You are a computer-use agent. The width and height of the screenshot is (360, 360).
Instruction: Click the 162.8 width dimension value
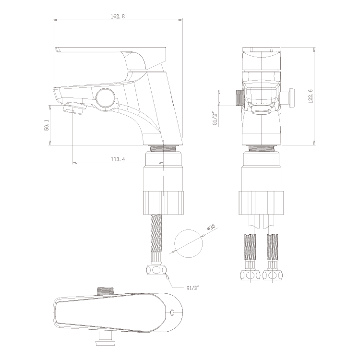[118, 16]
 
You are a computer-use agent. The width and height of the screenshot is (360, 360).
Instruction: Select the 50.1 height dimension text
[47, 125]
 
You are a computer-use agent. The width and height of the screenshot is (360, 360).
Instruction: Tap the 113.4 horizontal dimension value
[118, 159]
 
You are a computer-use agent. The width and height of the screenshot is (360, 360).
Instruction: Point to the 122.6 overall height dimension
[311, 96]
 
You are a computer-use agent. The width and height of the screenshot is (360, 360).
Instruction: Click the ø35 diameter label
[211, 227]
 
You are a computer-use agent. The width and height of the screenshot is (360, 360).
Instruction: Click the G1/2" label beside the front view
[215, 119]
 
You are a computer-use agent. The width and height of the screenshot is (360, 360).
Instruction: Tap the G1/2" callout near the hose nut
[192, 288]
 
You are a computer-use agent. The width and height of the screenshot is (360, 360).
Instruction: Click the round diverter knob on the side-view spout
[105, 98]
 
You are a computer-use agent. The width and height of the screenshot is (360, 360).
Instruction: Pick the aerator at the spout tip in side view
[73, 108]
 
